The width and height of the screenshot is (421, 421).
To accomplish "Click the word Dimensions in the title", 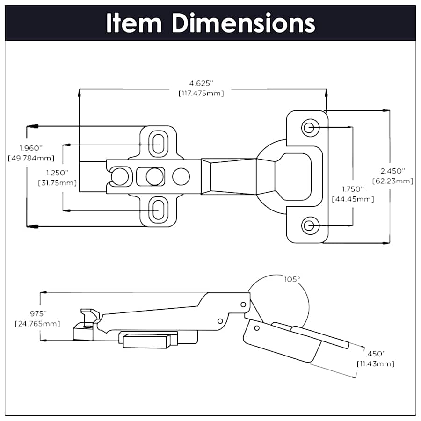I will point(243,22).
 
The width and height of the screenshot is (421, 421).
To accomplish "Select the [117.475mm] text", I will point(201,93).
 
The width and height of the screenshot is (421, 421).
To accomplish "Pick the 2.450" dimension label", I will point(392,171).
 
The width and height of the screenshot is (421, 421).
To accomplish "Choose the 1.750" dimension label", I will point(352,189).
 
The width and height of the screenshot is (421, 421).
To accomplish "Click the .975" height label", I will point(38,313).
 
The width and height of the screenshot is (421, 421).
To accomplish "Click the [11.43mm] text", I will point(376,363).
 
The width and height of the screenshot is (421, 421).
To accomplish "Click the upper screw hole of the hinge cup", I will point(309,127).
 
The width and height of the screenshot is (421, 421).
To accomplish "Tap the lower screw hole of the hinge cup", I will point(309,226).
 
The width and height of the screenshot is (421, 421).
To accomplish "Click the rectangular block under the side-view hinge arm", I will point(146,340).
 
